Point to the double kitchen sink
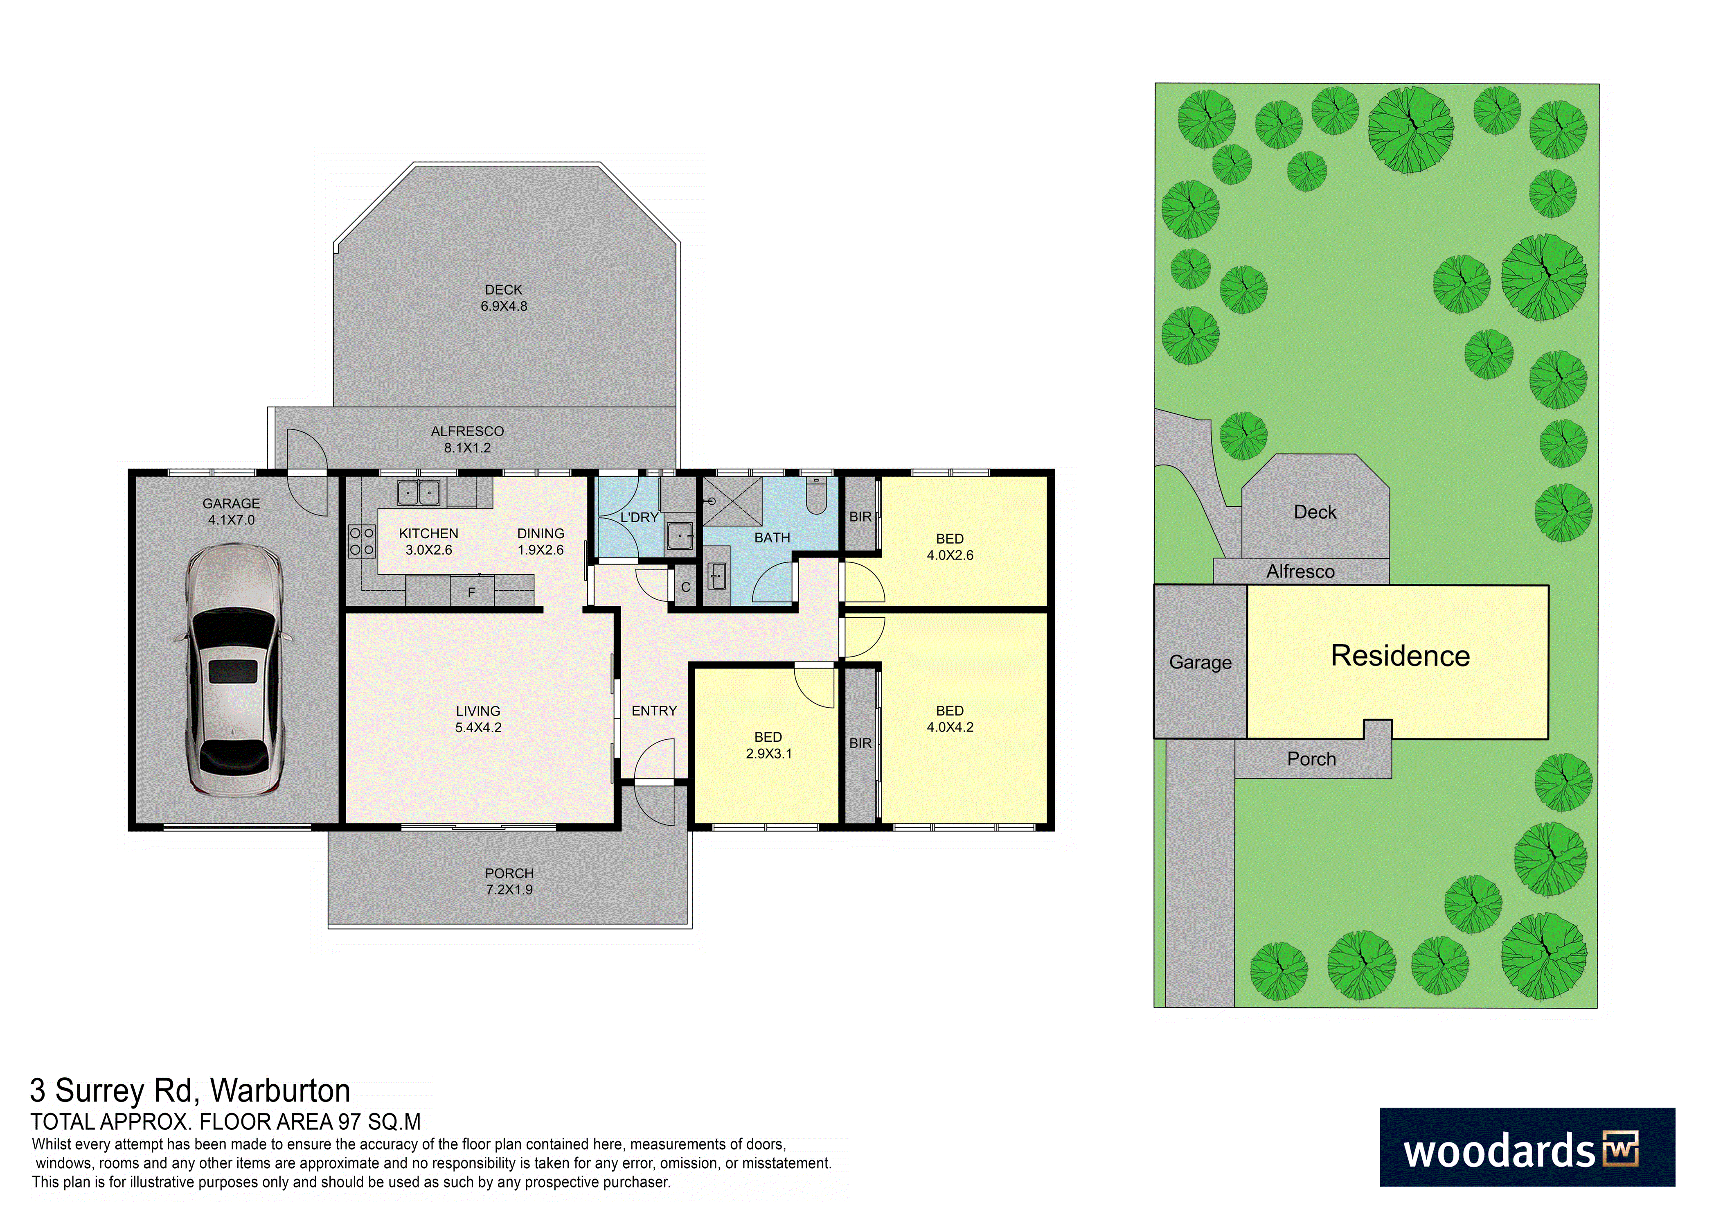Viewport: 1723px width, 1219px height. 418,492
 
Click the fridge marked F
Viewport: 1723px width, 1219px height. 472,591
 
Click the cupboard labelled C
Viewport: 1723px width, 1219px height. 685,587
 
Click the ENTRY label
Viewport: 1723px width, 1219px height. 654,711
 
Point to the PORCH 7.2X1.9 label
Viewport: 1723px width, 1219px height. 509,881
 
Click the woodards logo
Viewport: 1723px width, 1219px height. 1527,1147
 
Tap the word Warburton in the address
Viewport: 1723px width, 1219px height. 280,1090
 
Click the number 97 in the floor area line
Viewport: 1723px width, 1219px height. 350,1122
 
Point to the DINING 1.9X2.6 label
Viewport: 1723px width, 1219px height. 541,541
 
